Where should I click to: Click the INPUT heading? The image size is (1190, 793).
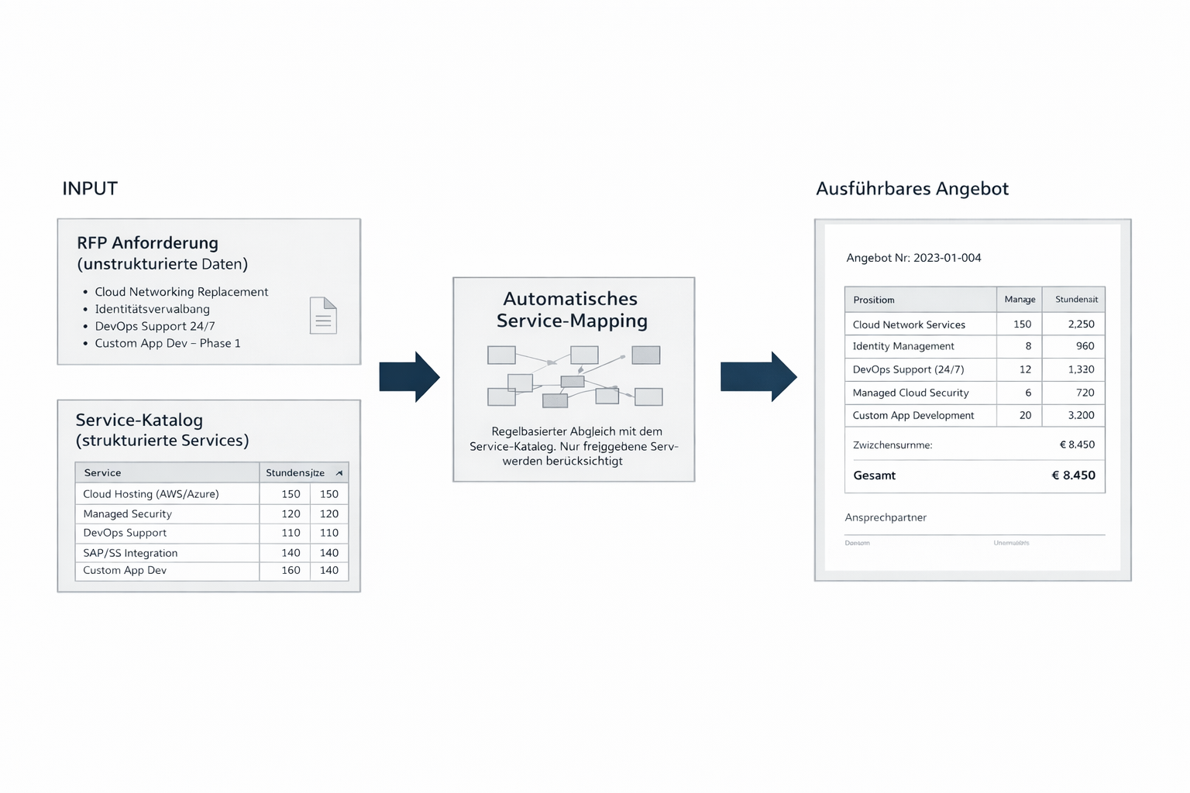90,189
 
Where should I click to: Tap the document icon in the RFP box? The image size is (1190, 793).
323,315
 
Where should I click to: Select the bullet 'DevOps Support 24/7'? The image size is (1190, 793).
154,326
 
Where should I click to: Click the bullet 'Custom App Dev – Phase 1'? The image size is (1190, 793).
167,343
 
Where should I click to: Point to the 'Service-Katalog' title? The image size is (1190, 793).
139,420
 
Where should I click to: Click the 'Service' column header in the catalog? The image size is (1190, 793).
102,472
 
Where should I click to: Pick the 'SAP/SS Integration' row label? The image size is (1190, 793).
130,553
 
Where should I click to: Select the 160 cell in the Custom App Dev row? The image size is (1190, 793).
291,571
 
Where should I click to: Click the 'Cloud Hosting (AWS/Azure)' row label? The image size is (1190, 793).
151,494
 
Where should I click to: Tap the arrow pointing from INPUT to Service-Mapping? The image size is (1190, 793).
409,377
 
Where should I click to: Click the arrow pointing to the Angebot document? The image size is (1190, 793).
758,377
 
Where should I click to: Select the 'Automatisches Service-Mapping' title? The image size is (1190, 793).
572,310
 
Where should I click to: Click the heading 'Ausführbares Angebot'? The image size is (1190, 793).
912,189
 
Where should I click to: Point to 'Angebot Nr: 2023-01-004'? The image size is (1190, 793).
913,258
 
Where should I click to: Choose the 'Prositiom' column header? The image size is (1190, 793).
873,300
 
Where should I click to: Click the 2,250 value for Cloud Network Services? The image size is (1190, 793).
1081,324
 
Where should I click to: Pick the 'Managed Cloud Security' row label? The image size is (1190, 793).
910,393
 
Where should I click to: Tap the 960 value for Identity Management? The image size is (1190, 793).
1085,346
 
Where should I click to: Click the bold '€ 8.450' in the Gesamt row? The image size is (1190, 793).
1073,475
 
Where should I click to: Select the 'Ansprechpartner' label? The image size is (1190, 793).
886,517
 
